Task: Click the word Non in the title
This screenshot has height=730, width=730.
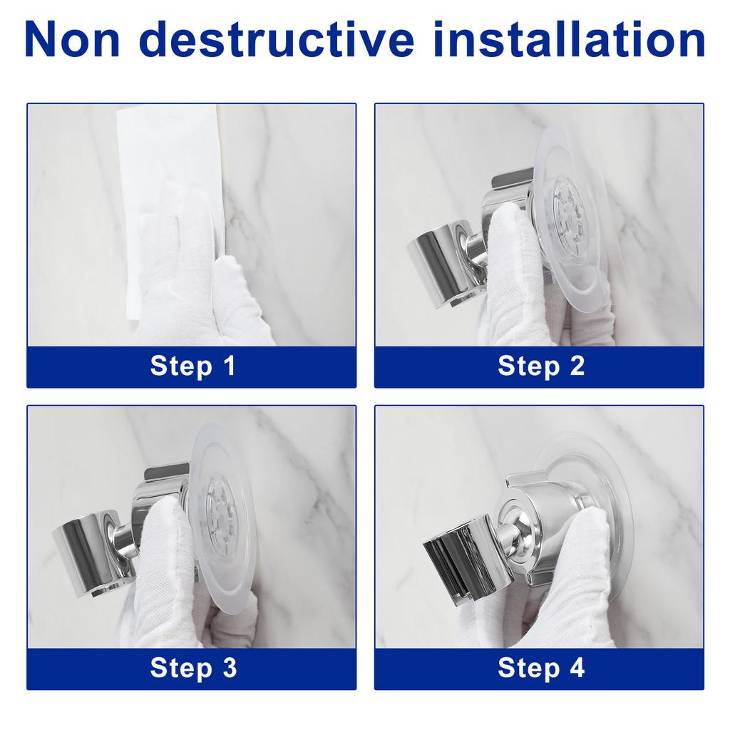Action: coord(73,41)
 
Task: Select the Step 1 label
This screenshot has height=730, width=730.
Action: coord(192,366)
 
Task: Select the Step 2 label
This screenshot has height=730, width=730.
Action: coord(540,366)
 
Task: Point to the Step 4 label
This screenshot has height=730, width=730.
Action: coord(540,668)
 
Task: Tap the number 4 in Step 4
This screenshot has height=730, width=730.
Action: coord(577,668)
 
